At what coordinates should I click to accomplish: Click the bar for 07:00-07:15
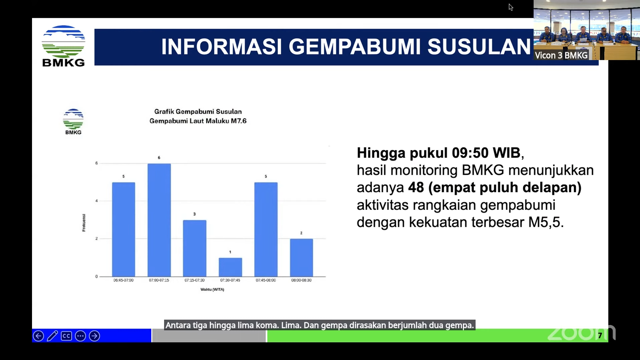[x=159, y=220]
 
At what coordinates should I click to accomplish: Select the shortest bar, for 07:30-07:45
[x=230, y=267]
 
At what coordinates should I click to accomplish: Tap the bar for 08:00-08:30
[x=301, y=258]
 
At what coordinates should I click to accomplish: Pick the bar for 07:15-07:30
[x=194, y=248]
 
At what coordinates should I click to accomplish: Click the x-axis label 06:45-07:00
[x=123, y=280]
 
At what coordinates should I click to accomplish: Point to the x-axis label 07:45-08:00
[x=266, y=280]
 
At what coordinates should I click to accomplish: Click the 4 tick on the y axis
[x=97, y=201]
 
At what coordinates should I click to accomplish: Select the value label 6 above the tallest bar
[x=159, y=157]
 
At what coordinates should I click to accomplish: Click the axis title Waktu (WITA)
[x=212, y=289]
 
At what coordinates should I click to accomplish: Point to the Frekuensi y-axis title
[x=84, y=223]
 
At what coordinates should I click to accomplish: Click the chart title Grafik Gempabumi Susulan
[x=198, y=112]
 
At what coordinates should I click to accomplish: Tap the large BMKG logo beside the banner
[x=63, y=46]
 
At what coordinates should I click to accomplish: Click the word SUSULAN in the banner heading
[x=479, y=46]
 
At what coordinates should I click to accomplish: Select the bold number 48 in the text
[x=416, y=188]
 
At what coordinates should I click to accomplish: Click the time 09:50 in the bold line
[x=469, y=153]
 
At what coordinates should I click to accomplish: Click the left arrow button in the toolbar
[x=38, y=336]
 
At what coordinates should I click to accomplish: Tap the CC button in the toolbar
[x=66, y=336]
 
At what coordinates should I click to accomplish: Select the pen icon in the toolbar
[x=52, y=336]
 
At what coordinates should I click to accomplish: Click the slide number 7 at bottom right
[x=600, y=335]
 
